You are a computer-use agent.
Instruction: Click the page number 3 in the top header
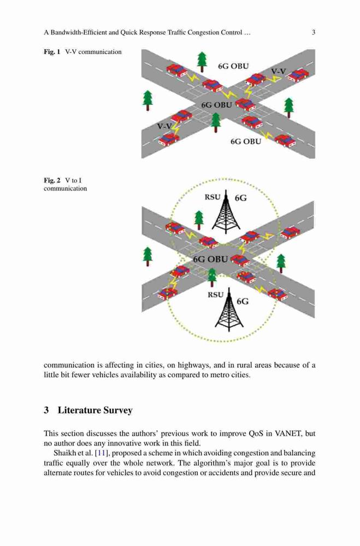314,33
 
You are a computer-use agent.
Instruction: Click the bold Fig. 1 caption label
52,52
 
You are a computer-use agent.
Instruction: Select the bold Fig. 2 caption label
52,180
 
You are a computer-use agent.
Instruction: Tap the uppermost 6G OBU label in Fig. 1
233,66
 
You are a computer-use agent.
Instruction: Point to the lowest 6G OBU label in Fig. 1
246,141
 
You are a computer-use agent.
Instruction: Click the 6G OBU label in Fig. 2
210,259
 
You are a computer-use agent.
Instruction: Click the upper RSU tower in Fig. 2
226,212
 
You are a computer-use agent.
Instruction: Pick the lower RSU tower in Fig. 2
229,309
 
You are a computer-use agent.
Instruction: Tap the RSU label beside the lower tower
215,295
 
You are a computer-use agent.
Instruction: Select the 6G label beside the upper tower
240,198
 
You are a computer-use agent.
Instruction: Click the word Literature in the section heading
79,410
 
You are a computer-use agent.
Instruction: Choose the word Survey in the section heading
118,411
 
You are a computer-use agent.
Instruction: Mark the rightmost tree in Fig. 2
281,264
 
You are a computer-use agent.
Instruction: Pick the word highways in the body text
192,365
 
